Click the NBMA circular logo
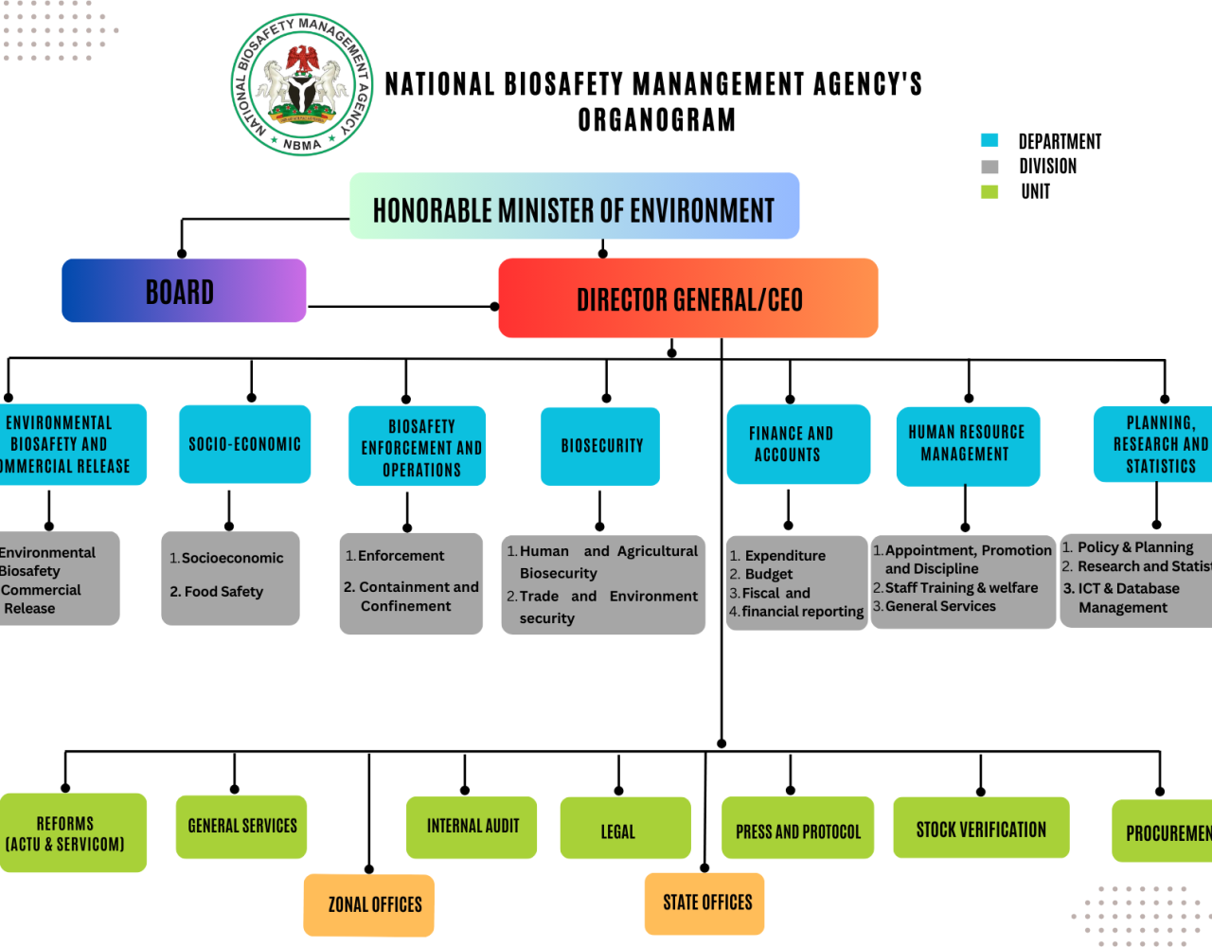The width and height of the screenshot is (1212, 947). pyautogui.click(x=303, y=85)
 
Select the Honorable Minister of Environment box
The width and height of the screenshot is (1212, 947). pyautogui.click(x=574, y=206)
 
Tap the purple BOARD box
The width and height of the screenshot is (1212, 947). pyautogui.click(x=184, y=291)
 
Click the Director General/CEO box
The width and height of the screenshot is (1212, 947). pyautogui.click(x=688, y=298)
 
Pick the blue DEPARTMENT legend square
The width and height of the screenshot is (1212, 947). pyautogui.click(x=989, y=141)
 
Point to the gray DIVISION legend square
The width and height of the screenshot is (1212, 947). pyautogui.click(x=989, y=167)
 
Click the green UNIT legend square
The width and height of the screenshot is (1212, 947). pyautogui.click(x=989, y=192)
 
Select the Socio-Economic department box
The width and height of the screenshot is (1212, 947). pyautogui.click(x=244, y=444)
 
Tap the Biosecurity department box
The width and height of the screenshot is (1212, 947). pyautogui.click(x=600, y=446)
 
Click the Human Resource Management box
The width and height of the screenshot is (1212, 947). pyautogui.click(x=967, y=445)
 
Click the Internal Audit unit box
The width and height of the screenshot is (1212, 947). pyautogui.click(x=472, y=827)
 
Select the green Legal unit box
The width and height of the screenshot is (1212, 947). pyautogui.click(x=625, y=829)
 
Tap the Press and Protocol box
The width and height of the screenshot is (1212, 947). pyautogui.click(x=797, y=829)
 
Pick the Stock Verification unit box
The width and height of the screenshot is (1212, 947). pyautogui.click(x=981, y=829)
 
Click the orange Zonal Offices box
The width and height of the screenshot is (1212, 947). pyautogui.click(x=369, y=903)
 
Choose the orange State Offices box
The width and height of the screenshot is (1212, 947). pyautogui.click(x=704, y=903)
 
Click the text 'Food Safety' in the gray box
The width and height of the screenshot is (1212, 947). pyautogui.click(x=223, y=592)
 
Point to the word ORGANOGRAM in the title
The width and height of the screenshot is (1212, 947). pyautogui.click(x=656, y=121)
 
